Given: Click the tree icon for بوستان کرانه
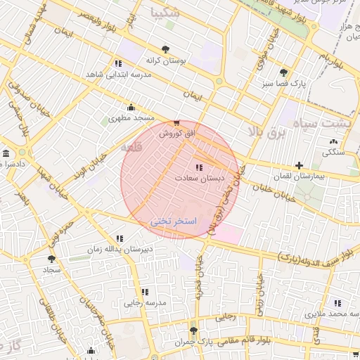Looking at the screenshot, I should coord(165,49).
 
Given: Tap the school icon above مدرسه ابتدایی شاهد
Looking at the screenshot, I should coord(118,63).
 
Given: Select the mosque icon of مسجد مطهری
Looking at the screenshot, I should coord(131,108).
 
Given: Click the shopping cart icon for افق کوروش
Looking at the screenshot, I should coord(176,122).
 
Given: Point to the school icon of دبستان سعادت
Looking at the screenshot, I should coord(199,167).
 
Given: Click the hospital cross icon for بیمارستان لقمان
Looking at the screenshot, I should coord(299,165).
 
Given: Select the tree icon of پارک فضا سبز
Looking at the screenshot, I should coord(283,72).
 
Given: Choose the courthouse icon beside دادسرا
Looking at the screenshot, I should coord(6,153).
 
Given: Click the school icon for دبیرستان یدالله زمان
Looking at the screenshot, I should coord(119,238).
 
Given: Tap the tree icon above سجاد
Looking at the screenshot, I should coord(51,259).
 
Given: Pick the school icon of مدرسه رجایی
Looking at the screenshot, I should coord(145,292).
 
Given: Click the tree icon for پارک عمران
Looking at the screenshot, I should coord(193,330).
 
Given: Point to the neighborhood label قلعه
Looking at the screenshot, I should coord(131,148).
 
